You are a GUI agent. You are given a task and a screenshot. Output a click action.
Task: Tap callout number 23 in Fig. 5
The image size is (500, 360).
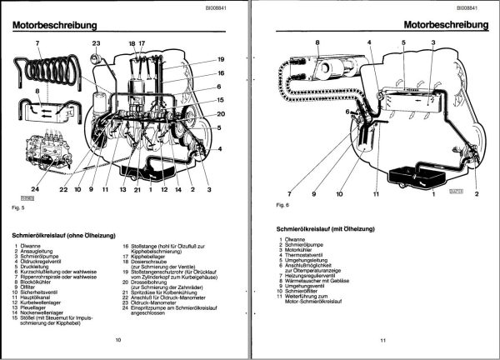click(x=96, y=42)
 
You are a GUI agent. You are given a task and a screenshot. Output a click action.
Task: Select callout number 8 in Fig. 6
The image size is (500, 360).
click(x=317, y=42)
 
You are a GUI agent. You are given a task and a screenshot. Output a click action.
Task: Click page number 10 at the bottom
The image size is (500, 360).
click(x=118, y=341)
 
